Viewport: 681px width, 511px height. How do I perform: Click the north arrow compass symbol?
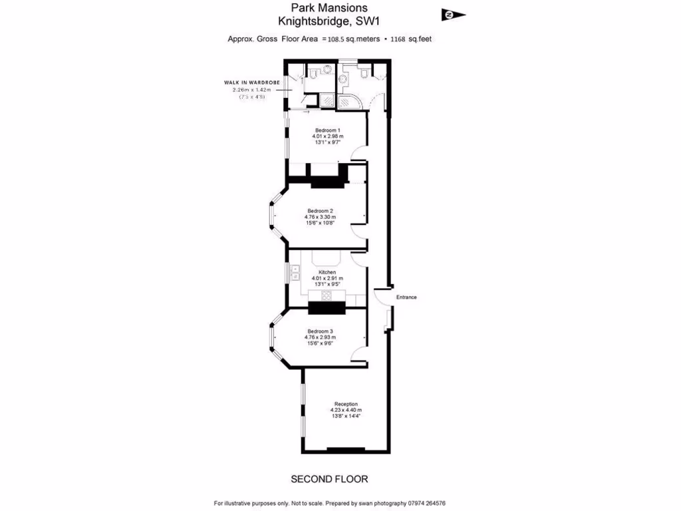click(454, 15)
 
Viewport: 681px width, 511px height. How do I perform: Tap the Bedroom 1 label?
click(327, 130)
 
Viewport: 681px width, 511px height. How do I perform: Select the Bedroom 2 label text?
click(320, 211)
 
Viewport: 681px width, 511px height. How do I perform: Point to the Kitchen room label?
click(327, 272)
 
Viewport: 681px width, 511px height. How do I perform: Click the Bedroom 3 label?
click(320, 331)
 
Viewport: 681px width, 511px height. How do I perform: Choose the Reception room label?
click(346, 404)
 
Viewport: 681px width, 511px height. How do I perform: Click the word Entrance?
click(406, 297)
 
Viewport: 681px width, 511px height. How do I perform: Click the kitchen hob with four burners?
click(327, 295)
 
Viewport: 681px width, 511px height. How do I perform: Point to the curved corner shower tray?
click(348, 101)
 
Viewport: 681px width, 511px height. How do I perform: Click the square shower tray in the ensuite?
click(327, 100)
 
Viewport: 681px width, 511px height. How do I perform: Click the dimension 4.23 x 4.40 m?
click(346, 410)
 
